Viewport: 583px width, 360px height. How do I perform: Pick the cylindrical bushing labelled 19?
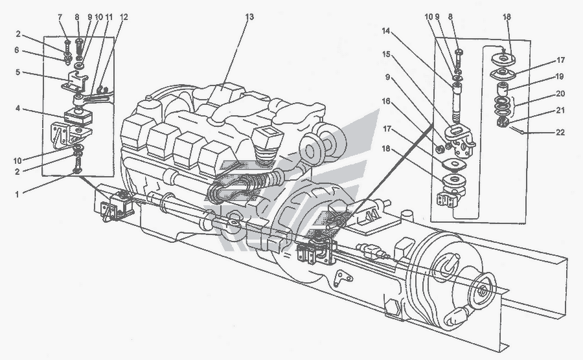pyautogui.click(x=501, y=87)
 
